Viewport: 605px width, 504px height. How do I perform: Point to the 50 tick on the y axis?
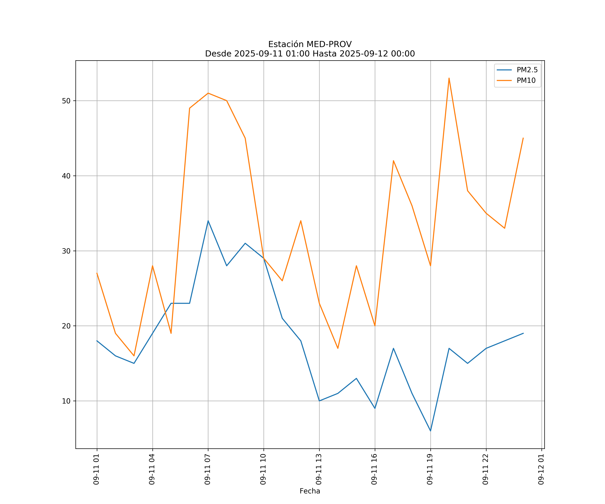66,101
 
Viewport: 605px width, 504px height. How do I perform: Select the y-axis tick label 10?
66,401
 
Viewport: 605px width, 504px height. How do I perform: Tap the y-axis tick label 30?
66,251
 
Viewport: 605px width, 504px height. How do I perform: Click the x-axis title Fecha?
310,491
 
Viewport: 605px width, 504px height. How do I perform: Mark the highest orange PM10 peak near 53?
449,78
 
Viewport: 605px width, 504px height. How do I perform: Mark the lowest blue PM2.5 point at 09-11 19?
430,431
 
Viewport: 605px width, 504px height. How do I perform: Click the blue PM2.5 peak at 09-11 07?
208,221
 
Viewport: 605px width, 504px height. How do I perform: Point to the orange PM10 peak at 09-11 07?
208,93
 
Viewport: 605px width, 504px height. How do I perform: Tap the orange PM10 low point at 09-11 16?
375,326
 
